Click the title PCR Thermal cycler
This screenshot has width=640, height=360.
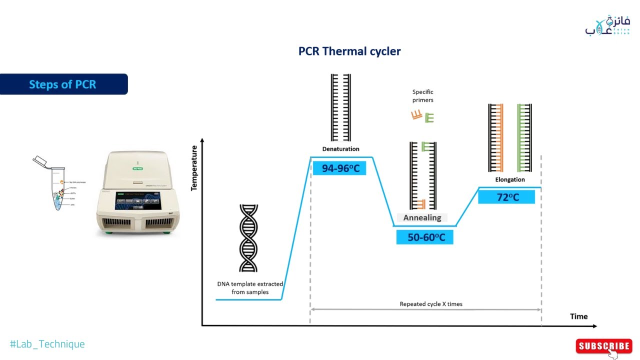[349, 51]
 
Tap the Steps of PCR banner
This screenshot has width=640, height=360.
[63, 84]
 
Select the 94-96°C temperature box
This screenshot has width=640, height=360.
[340, 168]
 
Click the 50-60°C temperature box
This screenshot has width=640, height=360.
[425, 237]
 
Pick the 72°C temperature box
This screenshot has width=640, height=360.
[507, 197]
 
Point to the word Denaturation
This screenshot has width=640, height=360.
[340, 149]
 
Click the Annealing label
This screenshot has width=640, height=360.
[422, 217]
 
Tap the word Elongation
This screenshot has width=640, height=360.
[510, 179]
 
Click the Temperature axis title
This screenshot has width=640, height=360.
[194, 168]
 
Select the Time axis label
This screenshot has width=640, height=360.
[578, 316]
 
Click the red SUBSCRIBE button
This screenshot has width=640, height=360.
[604, 346]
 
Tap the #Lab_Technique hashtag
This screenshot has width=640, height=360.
[47, 344]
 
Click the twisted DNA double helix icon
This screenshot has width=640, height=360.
[248, 238]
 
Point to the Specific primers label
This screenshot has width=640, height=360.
[423, 96]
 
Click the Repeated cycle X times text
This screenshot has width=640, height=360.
[430, 304]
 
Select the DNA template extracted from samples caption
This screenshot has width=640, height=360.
[250, 288]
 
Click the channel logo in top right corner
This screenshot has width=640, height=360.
[607, 26]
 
